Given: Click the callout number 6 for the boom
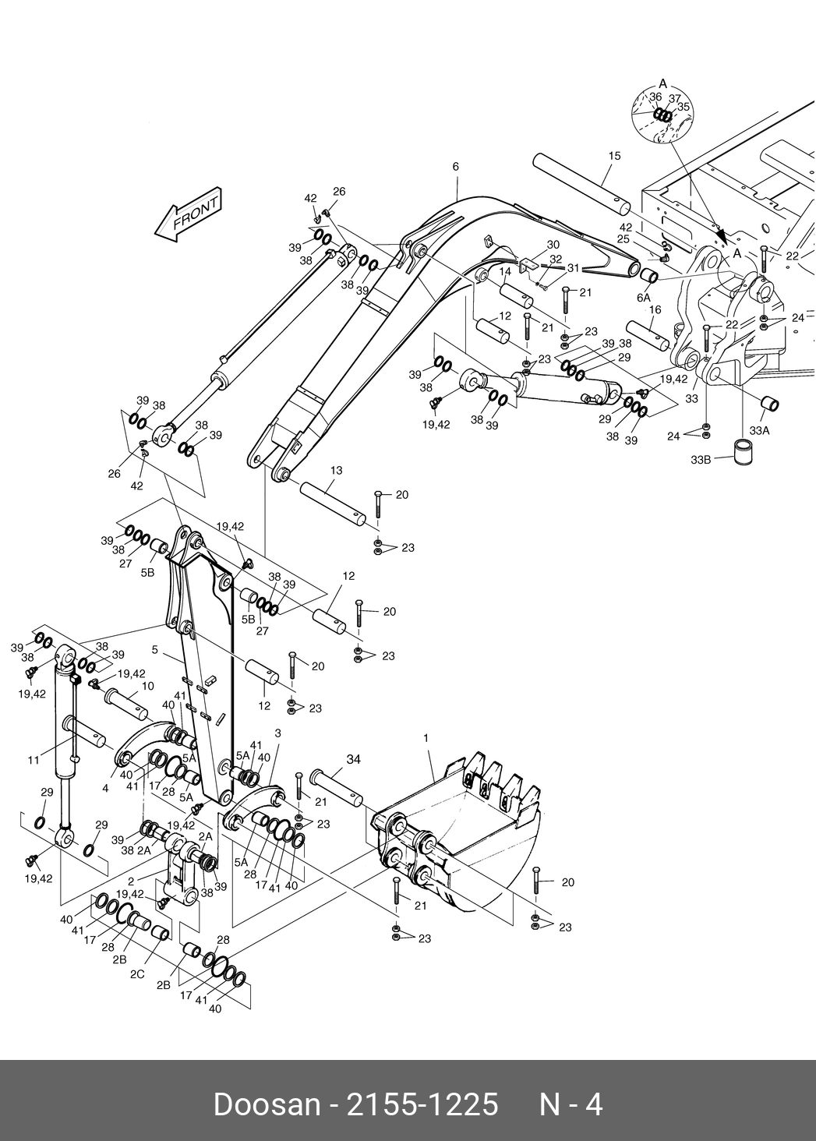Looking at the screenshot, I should pyautogui.click(x=456, y=167).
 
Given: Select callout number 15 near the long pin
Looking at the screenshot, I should pyautogui.click(x=614, y=157).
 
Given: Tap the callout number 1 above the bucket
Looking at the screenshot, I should pyautogui.click(x=426, y=737).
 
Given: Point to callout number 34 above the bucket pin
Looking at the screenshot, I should pyautogui.click(x=354, y=759).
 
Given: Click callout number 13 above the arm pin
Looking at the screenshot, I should pyautogui.click(x=336, y=471).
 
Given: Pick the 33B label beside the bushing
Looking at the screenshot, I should pyautogui.click(x=701, y=460).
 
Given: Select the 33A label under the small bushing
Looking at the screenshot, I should pyautogui.click(x=759, y=429).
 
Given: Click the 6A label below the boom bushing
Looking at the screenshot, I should pyautogui.click(x=644, y=298).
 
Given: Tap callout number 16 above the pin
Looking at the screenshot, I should pyautogui.click(x=655, y=309).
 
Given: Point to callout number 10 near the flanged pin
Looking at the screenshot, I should pyautogui.click(x=148, y=686).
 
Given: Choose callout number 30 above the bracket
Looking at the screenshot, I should pyautogui.click(x=553, y=245).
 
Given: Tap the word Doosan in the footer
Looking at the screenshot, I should pyautogui.click(x=266, y=1105).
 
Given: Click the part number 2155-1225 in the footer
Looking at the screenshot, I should pyautogui.click(x=421, y=1105).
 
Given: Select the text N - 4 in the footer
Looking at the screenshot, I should pyautogui.click(x=571, y=1105).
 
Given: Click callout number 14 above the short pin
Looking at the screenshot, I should pyautogui.click(x=505, y=271).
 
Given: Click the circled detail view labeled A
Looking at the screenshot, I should pyautogui.click(x=663, y=115).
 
